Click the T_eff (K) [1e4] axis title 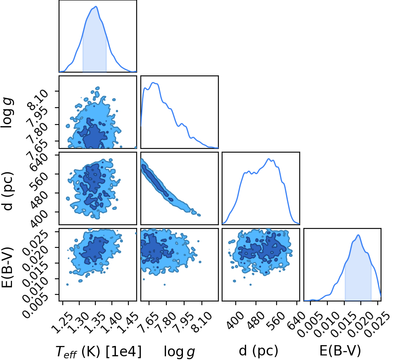(x=99, y=351)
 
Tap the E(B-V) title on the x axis (x=340, y=351)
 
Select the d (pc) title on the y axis (x=8, y=191)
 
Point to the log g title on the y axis (x=8, y=113)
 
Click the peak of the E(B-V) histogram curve (x=358, y=235)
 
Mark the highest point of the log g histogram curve (x=154, y=82)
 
